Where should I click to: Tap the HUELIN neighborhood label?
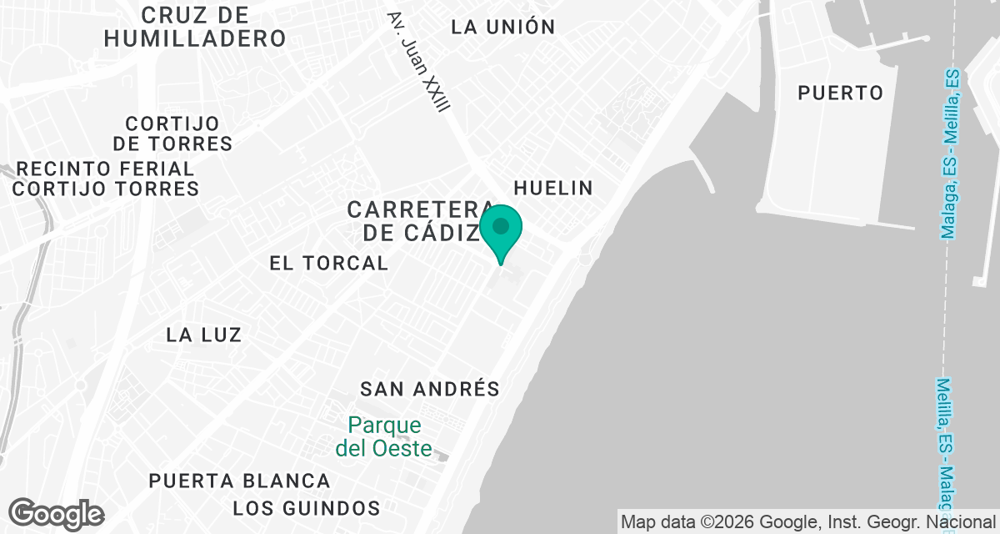click(553, 188)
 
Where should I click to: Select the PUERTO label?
click(840, 93)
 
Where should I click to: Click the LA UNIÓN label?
click(502, 27)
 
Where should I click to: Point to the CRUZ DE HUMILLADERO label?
click(196, 27)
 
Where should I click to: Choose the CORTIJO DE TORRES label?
click(172, 133)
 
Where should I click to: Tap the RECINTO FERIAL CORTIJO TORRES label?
click(106, 179)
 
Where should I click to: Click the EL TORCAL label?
click(329, 263)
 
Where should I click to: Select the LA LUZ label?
click(204, 335)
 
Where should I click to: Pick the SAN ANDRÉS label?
click(429, 389)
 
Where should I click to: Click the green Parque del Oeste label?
click(384, 437)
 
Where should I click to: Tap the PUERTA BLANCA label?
click(240, 481)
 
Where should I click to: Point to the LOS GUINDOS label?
click(307, 507)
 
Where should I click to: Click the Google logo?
click(56, 514)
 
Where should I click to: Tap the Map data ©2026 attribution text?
click(807, 522)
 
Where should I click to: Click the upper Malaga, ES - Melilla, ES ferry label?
click(950, 154)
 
